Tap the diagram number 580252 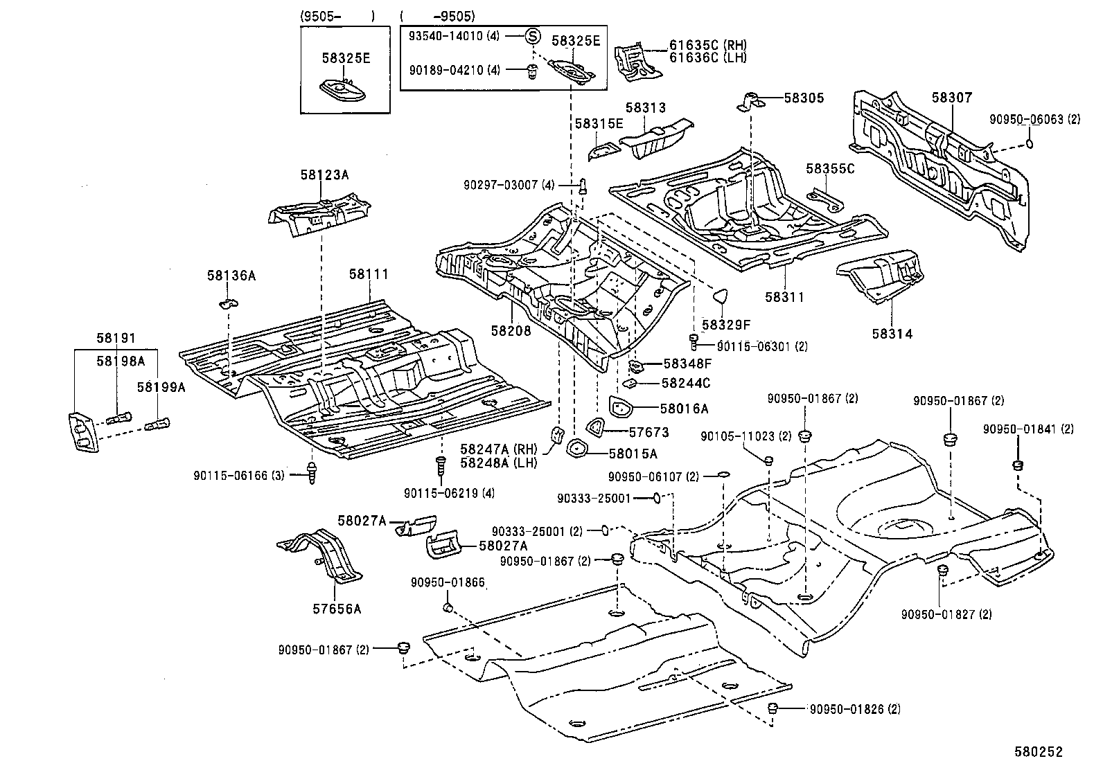[1039, 751]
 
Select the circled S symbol [531, 37]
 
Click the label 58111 [368, 275]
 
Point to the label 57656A [336, 609]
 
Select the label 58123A [324, 176]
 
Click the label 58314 [892, 334]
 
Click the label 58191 [116, 339]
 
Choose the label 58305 [804, 98]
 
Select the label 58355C [830, 169]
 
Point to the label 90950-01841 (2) [1027, 429]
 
